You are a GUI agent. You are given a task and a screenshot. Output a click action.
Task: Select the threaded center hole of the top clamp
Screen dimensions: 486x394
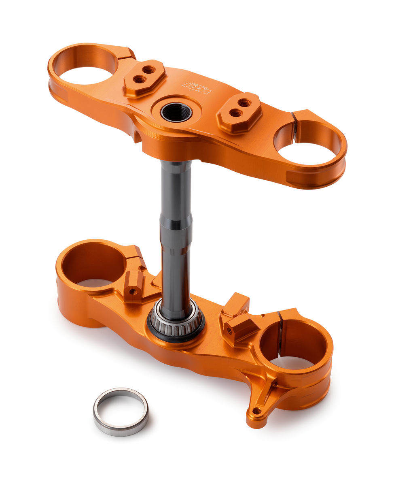tap(176, 112)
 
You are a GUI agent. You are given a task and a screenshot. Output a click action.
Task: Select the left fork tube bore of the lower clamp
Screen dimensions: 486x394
tap(94, 265)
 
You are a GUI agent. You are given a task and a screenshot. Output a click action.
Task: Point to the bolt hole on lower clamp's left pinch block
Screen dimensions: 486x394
tap(131, 291)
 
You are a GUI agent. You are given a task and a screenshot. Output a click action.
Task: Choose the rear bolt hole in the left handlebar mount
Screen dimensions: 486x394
tap(149, 70)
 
